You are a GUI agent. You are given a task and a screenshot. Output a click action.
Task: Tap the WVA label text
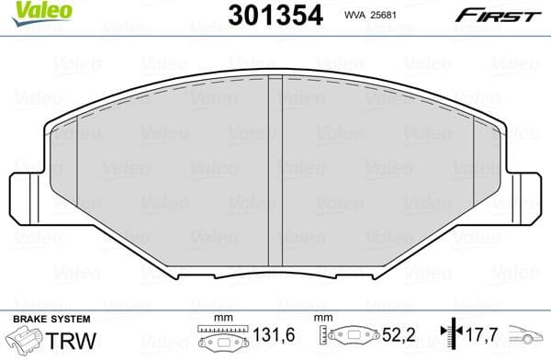354,15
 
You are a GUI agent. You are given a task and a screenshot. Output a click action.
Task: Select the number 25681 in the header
389,15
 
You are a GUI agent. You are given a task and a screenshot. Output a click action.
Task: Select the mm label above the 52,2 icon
323,319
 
